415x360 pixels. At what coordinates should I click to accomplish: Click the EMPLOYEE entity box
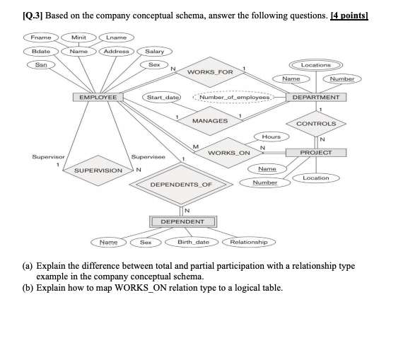pos(98,97)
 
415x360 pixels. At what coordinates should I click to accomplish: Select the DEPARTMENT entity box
pos(315,97)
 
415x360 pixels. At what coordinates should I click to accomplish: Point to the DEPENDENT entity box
pos(182,221)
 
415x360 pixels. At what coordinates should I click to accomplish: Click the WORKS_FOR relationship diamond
pos(210,72)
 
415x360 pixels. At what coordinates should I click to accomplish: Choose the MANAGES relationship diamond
pos(210,121)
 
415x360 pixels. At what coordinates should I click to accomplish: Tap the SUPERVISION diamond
pos(98,170)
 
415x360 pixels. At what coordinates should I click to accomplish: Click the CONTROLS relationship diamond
pos(315,124)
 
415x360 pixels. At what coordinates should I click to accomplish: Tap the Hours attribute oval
pos(271,136)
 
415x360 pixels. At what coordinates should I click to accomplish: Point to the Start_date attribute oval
pos(163,96)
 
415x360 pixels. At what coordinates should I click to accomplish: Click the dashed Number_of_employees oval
pos(235,97)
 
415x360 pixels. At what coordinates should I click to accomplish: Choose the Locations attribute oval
pos(315,65)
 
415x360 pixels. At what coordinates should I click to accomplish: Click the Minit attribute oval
pos(73,37)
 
